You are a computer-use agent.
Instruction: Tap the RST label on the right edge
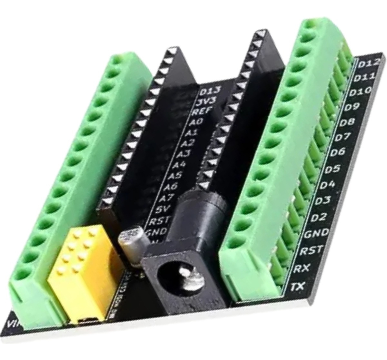(x=311, y=250)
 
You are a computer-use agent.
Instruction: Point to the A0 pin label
(x=196, y=122)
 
